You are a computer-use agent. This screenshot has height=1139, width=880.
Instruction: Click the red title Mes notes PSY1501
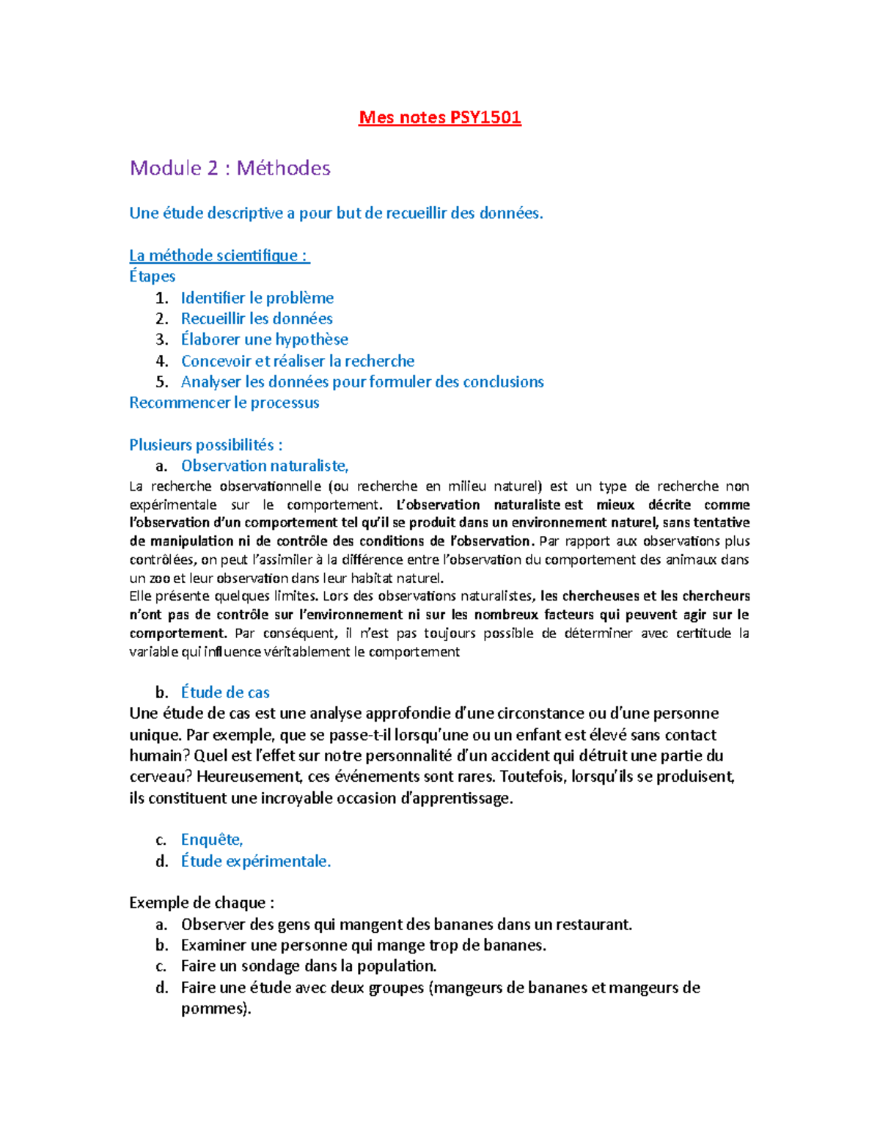point(439,117)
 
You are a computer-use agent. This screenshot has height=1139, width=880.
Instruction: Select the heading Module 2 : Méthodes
point(230,168)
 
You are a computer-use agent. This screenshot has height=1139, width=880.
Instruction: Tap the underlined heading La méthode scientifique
point(219,255)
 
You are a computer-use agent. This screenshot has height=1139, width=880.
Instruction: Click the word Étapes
point(152,276)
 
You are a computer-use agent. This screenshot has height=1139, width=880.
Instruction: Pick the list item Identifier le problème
point(257,298)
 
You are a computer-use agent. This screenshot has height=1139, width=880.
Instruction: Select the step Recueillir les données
point(257,318)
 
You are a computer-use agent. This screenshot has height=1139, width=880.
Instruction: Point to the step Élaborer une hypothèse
point(264,340)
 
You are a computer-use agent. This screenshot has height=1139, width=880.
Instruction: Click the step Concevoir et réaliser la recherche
point(297,361)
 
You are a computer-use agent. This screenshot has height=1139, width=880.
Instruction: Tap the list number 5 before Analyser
point(161,382)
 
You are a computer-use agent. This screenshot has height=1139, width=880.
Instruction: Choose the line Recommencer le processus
point(224,403)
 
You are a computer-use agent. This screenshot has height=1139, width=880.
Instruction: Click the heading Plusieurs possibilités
point(205,445)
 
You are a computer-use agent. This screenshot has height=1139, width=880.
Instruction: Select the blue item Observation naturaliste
point(264,466)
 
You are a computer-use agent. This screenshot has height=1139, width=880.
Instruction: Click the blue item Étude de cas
point(225,692)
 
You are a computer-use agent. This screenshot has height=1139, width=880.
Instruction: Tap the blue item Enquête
point(211,840)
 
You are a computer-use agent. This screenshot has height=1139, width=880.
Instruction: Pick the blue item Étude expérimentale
point(255,861)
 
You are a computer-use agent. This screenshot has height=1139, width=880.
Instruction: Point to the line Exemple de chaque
point(202,903)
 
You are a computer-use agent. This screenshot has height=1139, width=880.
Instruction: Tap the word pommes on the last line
point(215,1009)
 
